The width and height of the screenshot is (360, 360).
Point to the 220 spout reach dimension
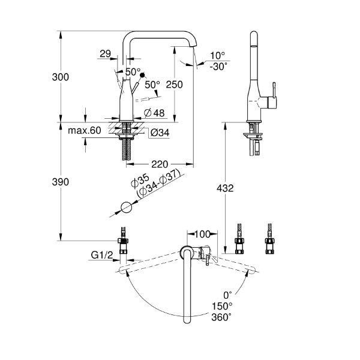coord(159,163)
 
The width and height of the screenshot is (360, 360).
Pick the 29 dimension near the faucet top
coord(106,54)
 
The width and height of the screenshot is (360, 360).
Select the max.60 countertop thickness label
coord(84,130)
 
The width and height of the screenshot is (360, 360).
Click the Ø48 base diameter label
coord(155,113)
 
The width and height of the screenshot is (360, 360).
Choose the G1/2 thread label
coord(103,256)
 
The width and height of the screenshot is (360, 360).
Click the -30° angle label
coord(219,67)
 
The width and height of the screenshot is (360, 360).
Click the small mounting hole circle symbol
coord(125,207)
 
